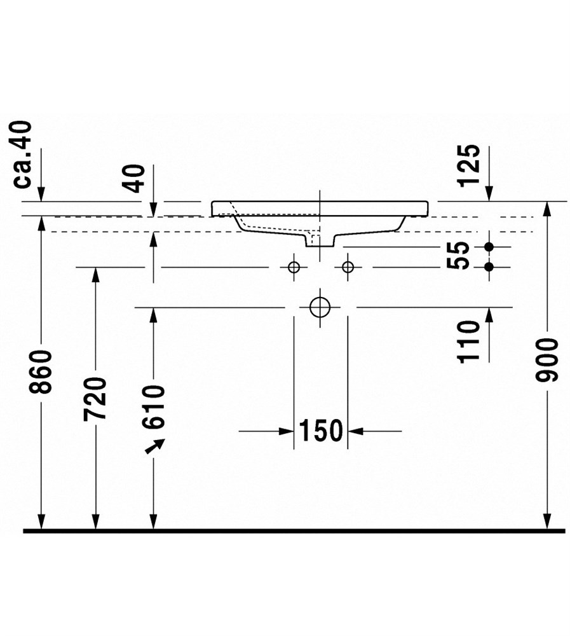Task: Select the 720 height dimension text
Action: tap(95, 399)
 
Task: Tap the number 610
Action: tap(153, 407)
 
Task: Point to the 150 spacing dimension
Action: tap(321, 431)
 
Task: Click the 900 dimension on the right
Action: tap(547, 361)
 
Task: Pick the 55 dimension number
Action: tap(458, 255)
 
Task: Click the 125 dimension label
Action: tap(469, 165)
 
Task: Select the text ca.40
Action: tap(22, 155)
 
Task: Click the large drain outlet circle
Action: tap(320, 307)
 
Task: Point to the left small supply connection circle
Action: tap(294, 267)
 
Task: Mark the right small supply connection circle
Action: tap(348, 267)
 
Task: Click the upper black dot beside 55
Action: tap(489, 247)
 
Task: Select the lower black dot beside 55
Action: tap(489, 267)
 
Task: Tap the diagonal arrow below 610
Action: tap(155, 446)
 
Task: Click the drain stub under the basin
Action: tap(320, 240)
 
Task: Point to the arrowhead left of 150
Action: tap(287, 431)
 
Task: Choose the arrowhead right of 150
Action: tap(355, 431)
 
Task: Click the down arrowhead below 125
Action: tap(489, 193)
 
